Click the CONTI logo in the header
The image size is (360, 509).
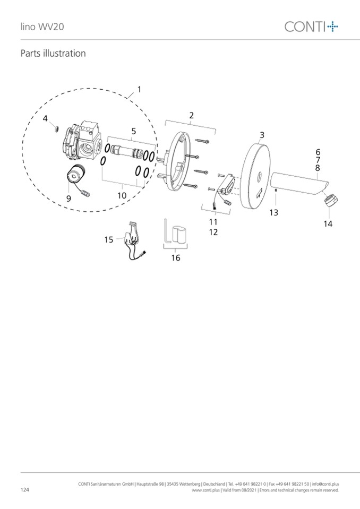[311, 27]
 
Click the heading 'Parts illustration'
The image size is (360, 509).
[53, 53]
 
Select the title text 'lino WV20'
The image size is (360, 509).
[42, 27]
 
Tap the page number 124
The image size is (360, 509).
[24, 489]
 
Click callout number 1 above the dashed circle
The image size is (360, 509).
[139, 89]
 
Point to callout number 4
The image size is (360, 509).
[45, 118]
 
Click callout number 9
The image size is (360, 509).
[68, 199]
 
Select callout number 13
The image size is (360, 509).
[273, 213]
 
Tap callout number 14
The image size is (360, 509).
[328, 223]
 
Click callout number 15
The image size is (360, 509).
[108, 239]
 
